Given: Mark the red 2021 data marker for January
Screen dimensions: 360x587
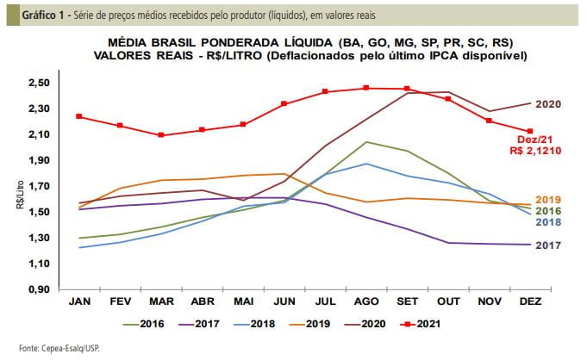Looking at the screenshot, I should [x=79, y=116].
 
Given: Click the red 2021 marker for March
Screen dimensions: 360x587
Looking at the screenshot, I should [x=161, y=135].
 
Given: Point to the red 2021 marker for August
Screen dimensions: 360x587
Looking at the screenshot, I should [x=365, y=88].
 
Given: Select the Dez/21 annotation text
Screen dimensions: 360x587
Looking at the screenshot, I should [x=534, y=139].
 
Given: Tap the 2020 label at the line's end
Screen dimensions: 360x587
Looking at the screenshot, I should [x=548, y=104].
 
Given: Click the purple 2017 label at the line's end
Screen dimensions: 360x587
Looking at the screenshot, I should [x=548, y=245].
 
